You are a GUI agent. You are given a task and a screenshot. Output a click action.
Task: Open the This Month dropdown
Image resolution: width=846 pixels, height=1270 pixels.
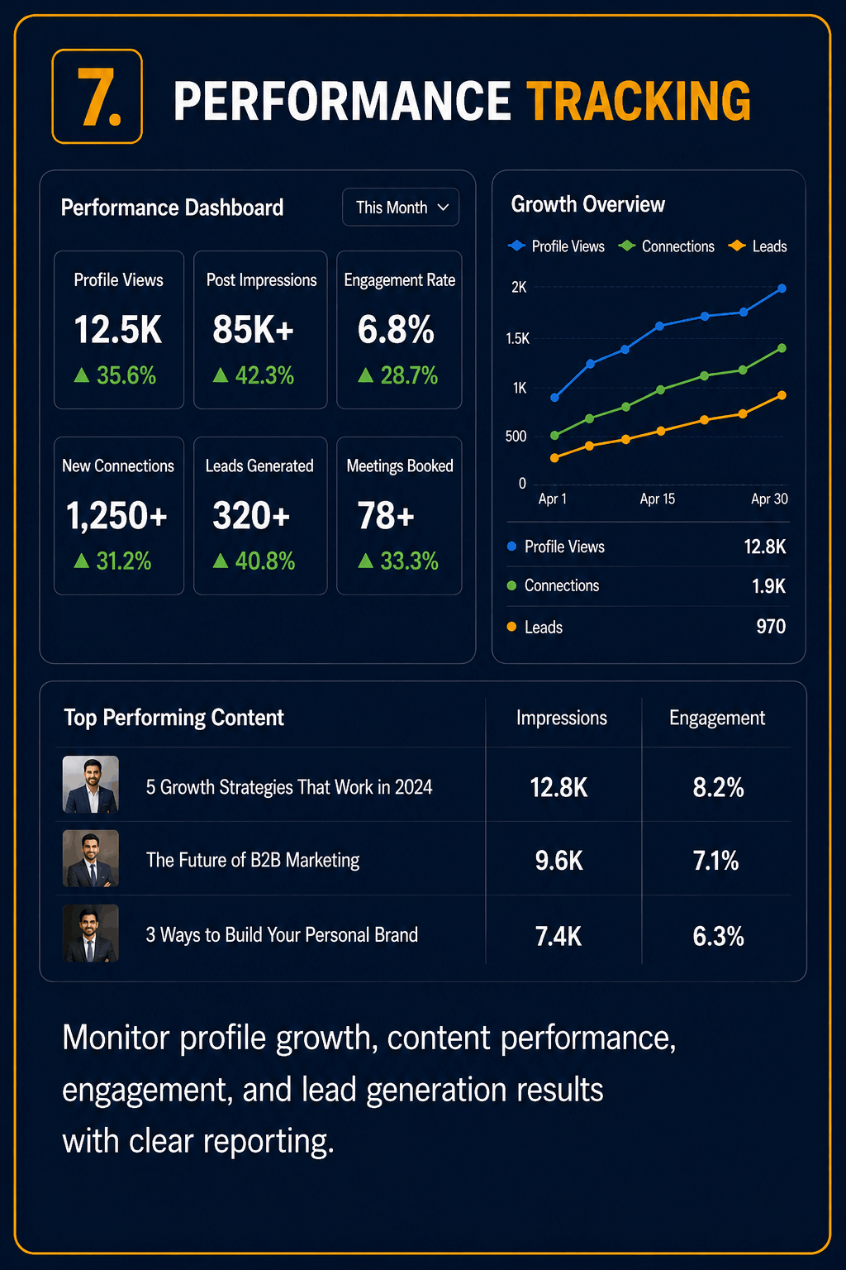click(401, 207)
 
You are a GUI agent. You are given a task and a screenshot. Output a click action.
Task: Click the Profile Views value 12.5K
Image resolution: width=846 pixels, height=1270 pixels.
click(118, 329)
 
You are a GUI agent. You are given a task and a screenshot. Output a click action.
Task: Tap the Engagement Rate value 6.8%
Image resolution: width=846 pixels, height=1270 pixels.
click(396, 329)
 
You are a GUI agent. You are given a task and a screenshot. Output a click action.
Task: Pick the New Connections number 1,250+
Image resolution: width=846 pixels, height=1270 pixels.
click(116, 515)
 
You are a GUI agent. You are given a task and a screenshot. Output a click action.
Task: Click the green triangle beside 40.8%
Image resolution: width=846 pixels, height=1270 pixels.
click(221, 561)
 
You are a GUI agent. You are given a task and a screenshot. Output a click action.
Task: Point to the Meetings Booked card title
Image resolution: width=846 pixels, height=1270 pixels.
click(400, 466)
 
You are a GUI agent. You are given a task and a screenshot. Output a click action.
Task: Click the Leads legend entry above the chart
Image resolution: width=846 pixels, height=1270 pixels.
click(758, 246)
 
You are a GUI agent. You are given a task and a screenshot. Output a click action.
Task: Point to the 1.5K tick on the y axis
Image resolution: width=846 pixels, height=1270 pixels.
click(517, 338)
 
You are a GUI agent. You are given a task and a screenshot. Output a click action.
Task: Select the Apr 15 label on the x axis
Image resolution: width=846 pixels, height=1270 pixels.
click(658, 499)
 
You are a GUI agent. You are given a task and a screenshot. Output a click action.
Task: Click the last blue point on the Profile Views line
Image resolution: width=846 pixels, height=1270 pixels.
click(782, 289)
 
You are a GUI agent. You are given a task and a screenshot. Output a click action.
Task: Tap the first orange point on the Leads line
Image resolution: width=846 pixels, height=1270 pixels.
click(554, 457)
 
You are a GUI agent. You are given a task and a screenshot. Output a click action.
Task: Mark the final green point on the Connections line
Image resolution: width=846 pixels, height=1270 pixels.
click(782, 348)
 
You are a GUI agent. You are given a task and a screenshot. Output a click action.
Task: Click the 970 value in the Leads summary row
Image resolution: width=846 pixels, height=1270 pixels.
click(771, 627)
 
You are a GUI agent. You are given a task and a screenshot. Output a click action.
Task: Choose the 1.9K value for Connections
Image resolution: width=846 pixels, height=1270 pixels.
click(768, 585)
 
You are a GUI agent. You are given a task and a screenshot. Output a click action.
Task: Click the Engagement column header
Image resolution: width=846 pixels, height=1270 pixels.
click(717, 719)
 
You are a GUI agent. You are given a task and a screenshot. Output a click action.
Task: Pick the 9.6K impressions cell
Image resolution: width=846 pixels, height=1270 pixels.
click(558, 861)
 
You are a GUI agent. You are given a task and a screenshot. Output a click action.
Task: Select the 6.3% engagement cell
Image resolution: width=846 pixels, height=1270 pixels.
click(718, 936)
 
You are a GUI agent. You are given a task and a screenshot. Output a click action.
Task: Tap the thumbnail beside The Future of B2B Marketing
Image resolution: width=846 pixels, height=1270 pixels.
click(91, 858)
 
